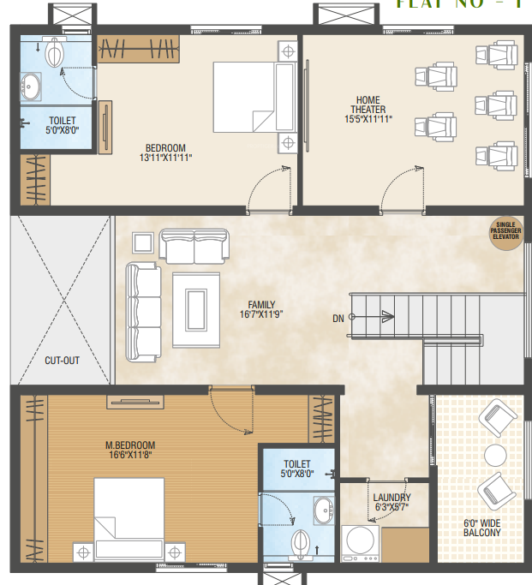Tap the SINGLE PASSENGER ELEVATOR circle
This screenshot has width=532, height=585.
(x=505, y=231)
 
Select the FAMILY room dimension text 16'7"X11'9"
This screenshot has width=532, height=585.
(x=261, y=315)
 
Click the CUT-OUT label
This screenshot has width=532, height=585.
(x=62, y=361)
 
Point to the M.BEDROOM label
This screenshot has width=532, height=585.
(x=130, y=445)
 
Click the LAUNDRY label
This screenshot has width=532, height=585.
(x=392, y=498)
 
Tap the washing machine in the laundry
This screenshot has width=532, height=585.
(x=360, y=544)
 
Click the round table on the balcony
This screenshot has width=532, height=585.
(x=496, y=454)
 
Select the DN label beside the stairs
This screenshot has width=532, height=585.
(x=338, y=319)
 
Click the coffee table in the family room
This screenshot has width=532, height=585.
(x=195, y=307)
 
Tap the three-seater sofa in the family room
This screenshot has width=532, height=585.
(x=144, y=313)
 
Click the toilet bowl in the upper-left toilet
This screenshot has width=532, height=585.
(x=55, y=53)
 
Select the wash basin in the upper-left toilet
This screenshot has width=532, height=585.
(x=32, y=86)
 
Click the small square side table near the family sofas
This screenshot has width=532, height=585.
(x=144, y=243)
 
